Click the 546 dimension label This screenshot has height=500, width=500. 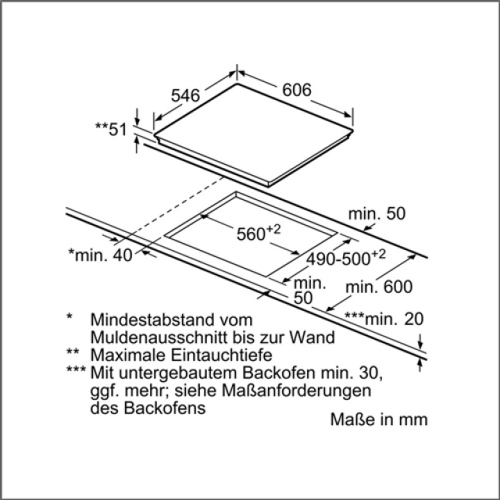tap(186, 95)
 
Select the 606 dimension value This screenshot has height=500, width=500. tap(297, 91)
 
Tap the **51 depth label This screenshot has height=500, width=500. tap(111, 130)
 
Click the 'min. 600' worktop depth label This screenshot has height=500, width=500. tap(380, 287)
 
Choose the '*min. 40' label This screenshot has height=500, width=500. tap(101, 253)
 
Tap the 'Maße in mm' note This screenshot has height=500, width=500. tap(379, 420)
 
